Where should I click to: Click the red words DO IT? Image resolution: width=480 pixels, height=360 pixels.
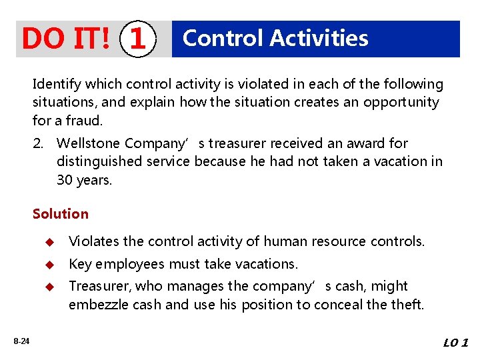tap(66, 39)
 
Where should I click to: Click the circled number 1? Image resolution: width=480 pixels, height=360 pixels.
tap(137, 39)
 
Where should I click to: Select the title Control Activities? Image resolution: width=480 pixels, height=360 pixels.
tap(275, 38)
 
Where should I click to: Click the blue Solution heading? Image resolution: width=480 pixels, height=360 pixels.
tap(60, 214)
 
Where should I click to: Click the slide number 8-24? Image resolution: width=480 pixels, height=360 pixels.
tap(21, 341)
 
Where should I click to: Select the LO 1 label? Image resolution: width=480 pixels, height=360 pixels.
tap(455, 343)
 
